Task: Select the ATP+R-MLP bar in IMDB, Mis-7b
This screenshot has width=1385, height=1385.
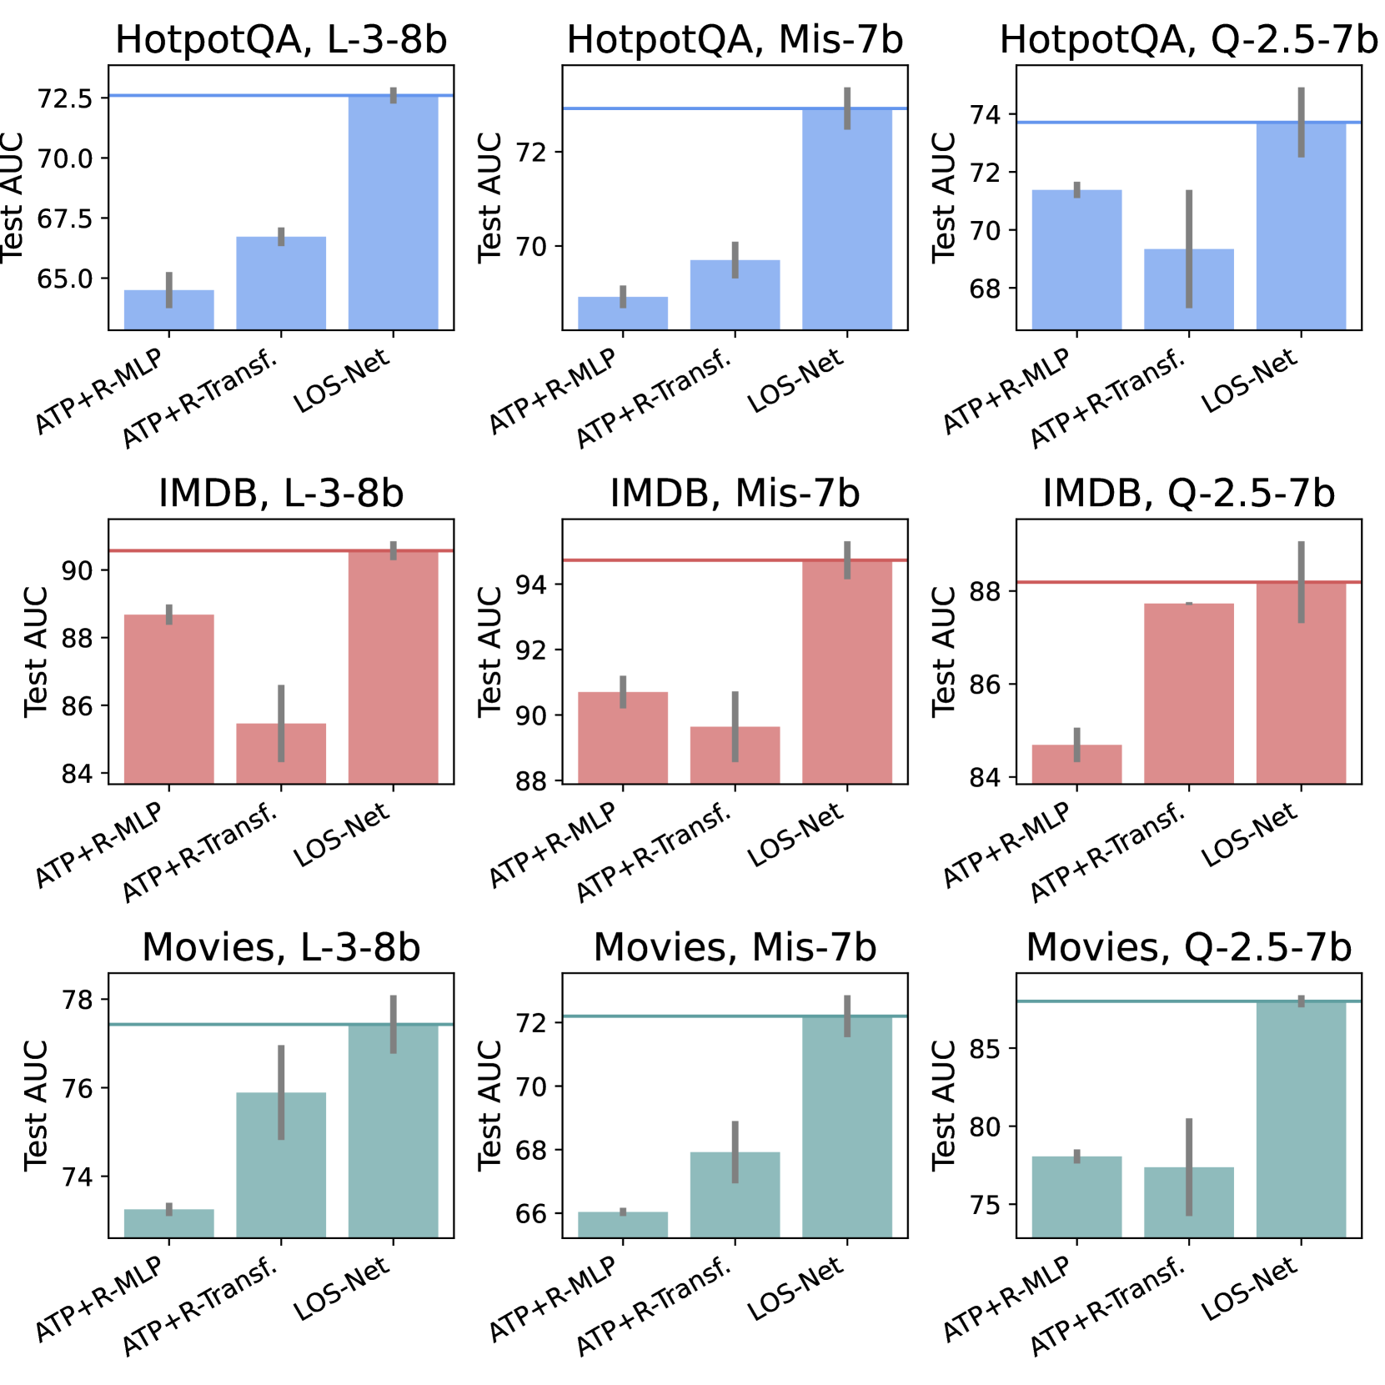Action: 623,737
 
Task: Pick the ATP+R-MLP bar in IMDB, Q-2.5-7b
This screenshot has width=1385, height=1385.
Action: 1076,764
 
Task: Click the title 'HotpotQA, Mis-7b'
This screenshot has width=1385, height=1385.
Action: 735,40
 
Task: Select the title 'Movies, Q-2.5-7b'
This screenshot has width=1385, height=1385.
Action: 1188,947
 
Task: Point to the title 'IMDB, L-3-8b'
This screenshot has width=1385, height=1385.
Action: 281,494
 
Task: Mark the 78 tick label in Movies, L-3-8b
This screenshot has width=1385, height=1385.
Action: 78,999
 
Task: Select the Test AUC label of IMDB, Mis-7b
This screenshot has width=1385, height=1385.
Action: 489,651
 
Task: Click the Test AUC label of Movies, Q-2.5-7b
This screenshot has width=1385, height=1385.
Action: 943,1105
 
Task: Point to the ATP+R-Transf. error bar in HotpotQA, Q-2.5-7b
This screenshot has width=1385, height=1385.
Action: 1189,248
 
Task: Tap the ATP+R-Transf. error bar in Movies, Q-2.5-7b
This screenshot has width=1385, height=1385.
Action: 1189,1167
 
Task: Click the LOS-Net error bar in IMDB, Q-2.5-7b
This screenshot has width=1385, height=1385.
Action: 1301,582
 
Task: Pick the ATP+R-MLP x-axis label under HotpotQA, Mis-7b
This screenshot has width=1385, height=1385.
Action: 553,390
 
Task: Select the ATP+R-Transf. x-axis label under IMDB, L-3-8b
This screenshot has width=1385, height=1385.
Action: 200,852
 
